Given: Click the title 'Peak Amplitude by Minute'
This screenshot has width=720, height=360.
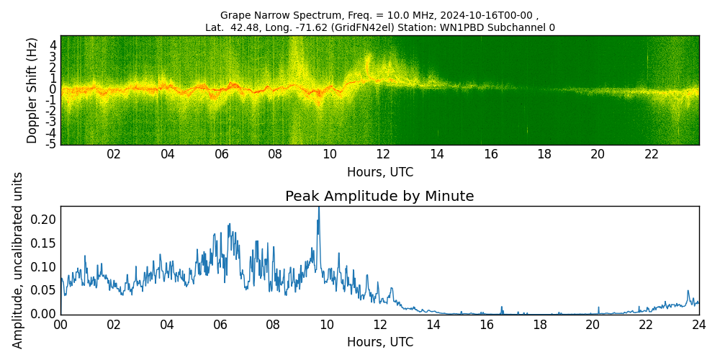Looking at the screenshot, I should [379, 197].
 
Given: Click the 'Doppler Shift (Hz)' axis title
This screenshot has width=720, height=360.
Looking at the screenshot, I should [32, 91].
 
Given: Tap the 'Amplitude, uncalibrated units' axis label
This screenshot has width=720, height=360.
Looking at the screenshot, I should [18, 260].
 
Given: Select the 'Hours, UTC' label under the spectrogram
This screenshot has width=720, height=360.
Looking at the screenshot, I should [379, 173].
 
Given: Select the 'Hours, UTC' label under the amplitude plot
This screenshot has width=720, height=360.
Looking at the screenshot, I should [379, 342].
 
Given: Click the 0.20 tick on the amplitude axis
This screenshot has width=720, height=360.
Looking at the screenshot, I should [45, 220].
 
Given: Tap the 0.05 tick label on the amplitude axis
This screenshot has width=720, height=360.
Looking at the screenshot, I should [45, 290].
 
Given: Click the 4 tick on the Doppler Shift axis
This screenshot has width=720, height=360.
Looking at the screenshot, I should [53, 45].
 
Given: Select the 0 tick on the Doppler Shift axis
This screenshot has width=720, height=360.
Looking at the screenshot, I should [53, 89].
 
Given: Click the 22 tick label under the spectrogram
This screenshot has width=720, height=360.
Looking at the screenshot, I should [652, 154].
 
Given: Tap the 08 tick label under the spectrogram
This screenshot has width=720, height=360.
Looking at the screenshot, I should [275, 154].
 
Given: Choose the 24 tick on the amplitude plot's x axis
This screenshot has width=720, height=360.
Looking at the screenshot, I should [698, 324].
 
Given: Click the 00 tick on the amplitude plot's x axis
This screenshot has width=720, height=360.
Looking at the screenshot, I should [60, 324].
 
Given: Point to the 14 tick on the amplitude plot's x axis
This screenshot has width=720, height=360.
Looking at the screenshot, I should [433, 324].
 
